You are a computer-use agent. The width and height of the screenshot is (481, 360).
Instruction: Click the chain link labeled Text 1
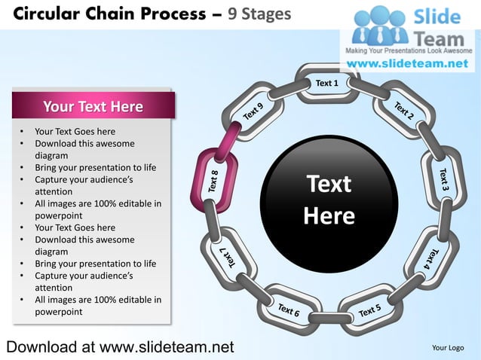[326, 83]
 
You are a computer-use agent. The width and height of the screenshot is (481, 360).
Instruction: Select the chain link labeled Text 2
[403, 111]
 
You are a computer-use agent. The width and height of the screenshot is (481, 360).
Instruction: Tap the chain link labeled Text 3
[444, 178]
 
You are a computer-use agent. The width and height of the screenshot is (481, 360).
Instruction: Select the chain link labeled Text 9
[254, 111]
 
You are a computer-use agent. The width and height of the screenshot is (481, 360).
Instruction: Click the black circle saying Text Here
[329, 200]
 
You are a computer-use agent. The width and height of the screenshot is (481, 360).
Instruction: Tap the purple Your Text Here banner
[93, 106]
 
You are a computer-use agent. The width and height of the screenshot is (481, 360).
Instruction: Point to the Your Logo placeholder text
[447, 347]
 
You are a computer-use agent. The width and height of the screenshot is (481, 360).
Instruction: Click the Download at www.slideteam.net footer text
[120, 346]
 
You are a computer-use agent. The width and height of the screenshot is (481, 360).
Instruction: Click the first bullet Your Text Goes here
[75, 131]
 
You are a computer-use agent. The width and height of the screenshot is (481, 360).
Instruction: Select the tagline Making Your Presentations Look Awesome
[408, 50]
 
